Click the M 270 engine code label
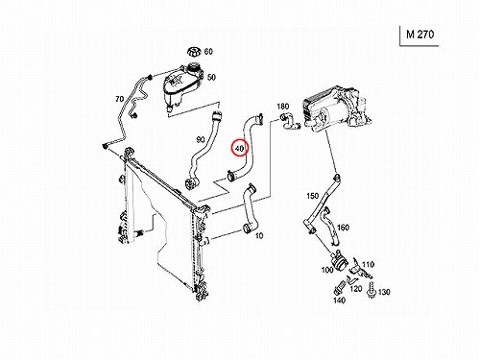tap(420, 35)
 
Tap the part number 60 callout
tap(208, 51)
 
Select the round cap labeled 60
tap(194, 52)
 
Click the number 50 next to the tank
tap(211, 77)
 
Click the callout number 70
tap(119, 99)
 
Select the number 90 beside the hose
tap(201, 139)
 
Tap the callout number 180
tap(282, 106)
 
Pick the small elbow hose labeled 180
tap(289, 122)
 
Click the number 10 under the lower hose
tap(259, 236)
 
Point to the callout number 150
tap(313, 196)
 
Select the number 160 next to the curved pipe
tap(343, 228)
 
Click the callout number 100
tap(327, 270)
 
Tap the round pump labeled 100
tap(340, 261)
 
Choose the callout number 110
tap(368, 265)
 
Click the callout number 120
tap(355, 289)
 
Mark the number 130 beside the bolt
tap(384, 292)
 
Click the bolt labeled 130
tap(372, 290)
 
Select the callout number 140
tap(339, 300)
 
